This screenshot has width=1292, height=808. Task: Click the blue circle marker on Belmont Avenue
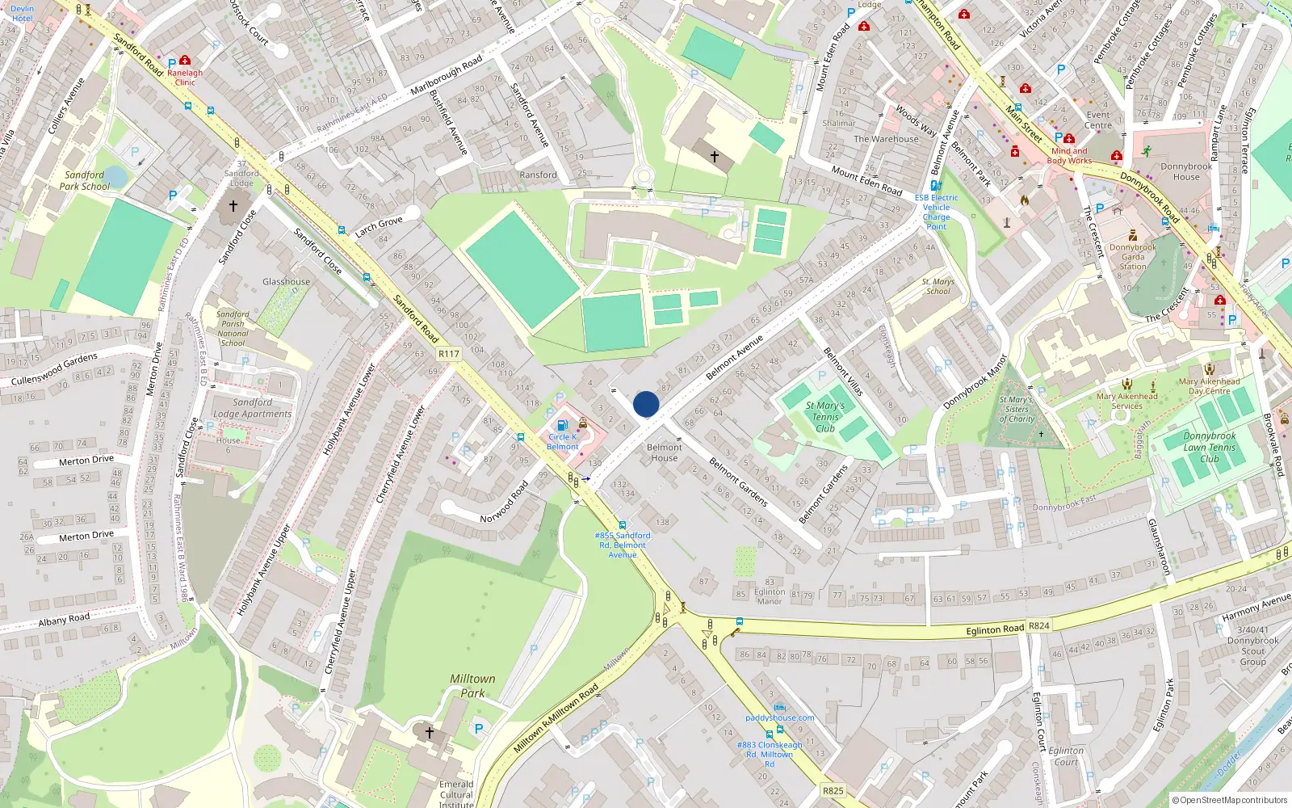[646, 404]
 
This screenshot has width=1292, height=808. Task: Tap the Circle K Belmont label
[562, 442]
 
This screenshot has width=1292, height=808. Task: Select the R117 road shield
[448, 354]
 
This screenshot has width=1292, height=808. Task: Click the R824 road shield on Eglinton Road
[1038, 626]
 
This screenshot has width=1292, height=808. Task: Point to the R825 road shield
[833, 791]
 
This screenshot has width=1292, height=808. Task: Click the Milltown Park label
[472, 686]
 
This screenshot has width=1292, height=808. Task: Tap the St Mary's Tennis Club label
[824, 417]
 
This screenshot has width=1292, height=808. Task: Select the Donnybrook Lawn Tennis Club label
[1209, 447]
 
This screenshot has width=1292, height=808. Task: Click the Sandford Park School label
[84, 180]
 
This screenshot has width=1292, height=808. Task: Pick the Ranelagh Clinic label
[185, 78]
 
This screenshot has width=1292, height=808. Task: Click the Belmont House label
[664, 452]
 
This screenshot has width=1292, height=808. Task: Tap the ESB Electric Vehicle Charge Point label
[936, 212]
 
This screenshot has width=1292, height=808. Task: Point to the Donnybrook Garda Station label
[1132, 257]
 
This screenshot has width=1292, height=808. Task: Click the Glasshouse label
[286, 282]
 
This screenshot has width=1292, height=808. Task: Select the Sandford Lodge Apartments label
[252, 408]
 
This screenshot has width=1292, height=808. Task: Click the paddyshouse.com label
[779, 718]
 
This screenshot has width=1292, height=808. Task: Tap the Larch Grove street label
[378, 226]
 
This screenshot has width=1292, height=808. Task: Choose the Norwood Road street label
[504, 502]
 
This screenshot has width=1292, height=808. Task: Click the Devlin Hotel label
[22, 13]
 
